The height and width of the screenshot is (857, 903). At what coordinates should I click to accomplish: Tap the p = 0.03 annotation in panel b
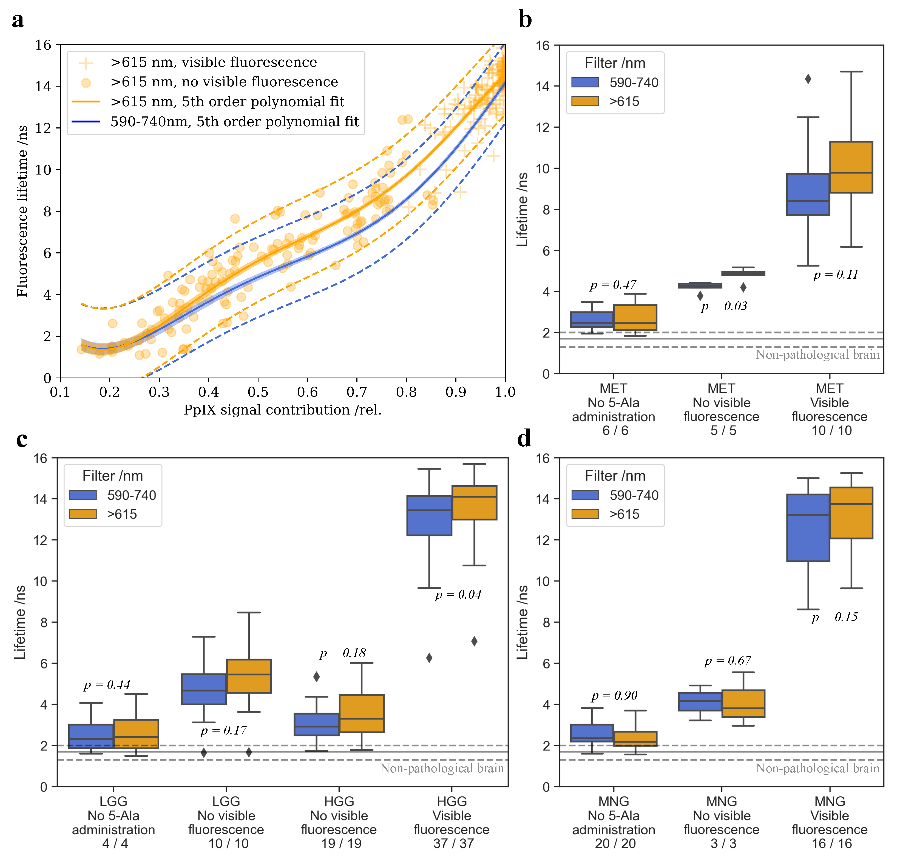724,306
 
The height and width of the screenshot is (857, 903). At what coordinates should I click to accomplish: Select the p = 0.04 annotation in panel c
458,595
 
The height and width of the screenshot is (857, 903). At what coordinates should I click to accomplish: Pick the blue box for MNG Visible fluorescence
808,528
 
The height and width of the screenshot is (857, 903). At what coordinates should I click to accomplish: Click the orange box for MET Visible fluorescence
851,167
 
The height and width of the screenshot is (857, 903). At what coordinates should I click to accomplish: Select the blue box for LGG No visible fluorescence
204,689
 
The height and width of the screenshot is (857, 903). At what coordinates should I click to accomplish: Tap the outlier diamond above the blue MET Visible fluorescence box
808,79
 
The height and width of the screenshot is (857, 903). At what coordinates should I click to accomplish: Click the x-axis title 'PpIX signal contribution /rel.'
282,410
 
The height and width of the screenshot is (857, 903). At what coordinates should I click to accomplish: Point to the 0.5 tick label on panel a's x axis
258,392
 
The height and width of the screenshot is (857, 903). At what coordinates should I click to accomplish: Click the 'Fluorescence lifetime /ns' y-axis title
22,211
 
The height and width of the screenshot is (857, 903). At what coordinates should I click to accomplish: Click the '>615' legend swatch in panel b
585,101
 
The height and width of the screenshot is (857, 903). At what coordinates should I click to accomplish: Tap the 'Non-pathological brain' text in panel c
442,769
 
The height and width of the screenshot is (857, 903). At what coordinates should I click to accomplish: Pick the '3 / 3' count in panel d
723,843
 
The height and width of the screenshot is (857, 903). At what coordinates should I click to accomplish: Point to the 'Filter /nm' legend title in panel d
615,476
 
